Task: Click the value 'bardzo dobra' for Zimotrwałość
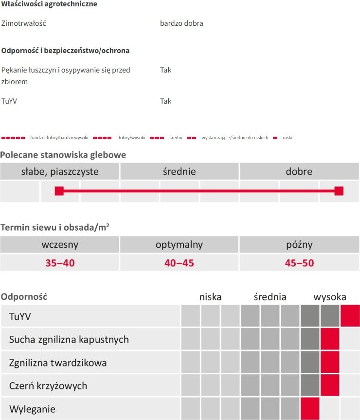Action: click(x=181, y=23)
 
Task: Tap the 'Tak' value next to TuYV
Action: click(x=165, y=101)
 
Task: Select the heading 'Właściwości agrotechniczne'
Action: click(x=49, y=4)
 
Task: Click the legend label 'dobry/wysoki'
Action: click(x=131, y=138)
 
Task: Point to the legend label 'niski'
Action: click(x=288, y=138)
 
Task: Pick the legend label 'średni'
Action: click(x=176, y=138)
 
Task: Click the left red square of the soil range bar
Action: click(x=59, y=191)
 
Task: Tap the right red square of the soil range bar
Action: click(x=339, y=191)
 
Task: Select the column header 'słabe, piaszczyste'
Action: click(x=60, y=171)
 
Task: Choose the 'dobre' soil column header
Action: click(x=299, y=171)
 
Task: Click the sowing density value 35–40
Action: click(x=60, y=263)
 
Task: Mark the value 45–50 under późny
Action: click(x=299, y=263)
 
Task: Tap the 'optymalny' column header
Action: click(x=179, y=244)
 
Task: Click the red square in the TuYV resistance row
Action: click(x=350, y=316)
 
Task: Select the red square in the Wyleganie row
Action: click(x=310, y=408)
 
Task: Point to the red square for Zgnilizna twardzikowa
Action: click(x=330, y=362)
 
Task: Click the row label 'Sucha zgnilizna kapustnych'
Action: click(x=69, y=340)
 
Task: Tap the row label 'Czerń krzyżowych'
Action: click(x=48, y=386)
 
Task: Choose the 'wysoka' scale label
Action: click(x=330, y=297)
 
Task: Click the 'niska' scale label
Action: click(x=210, y=297)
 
